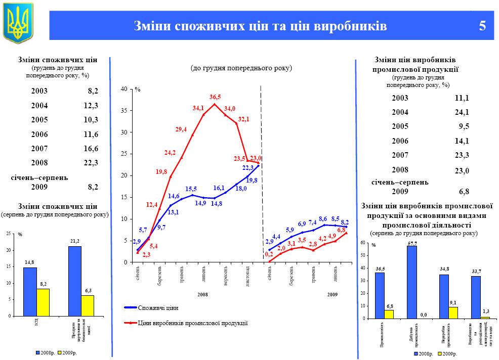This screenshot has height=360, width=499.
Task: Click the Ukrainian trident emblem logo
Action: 18,23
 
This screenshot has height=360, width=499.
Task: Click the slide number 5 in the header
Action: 482,26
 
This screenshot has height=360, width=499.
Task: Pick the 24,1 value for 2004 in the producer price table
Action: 462,112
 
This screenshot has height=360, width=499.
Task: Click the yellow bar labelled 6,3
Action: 88,305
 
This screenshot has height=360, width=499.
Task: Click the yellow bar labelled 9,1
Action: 453,312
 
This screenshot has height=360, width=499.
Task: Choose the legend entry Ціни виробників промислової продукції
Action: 192,323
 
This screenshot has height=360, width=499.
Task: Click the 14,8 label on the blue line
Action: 217,203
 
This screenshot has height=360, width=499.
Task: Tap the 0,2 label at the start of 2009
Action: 269,254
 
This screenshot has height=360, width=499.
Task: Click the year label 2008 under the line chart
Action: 202,294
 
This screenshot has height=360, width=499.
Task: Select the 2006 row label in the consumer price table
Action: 39,134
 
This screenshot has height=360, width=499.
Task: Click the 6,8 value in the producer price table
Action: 464,192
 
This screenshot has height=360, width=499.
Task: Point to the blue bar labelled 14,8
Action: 30,291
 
